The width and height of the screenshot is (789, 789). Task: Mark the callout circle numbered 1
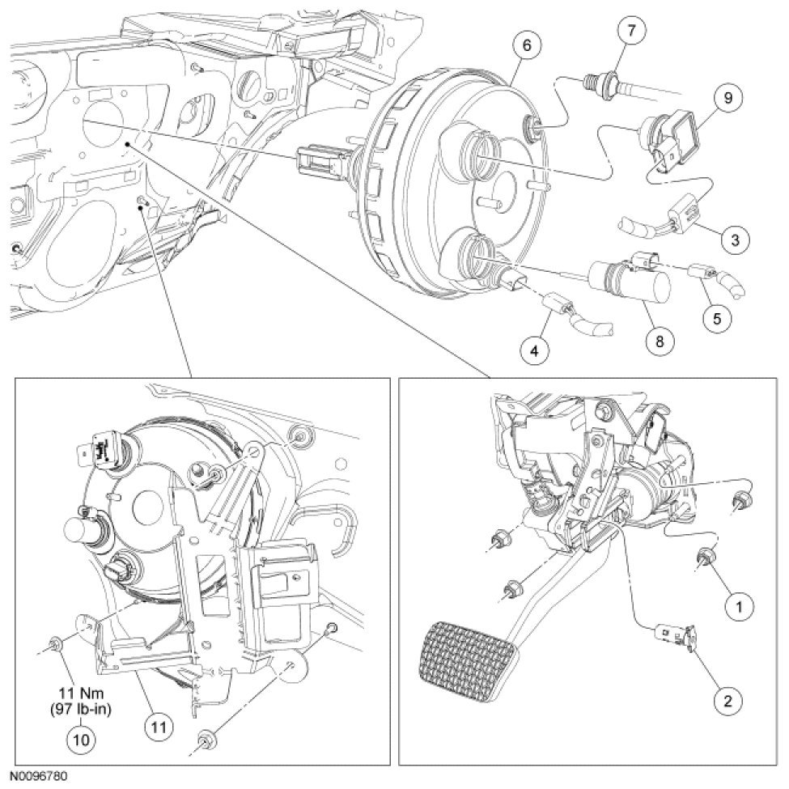pos(737,603)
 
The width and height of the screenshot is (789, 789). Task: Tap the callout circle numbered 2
pos(727,700)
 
